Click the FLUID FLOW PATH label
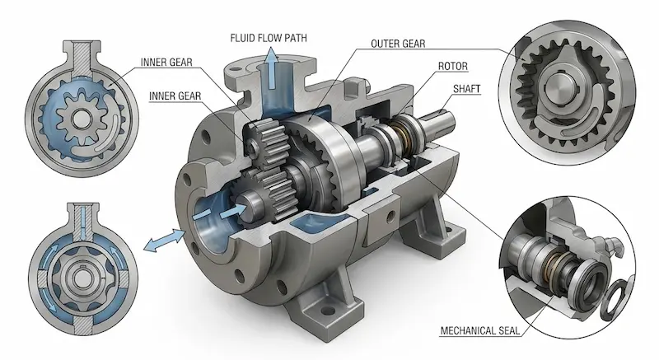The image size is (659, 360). (269, 38)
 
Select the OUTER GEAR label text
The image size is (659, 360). (398, 44)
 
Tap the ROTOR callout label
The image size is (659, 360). (452, 66)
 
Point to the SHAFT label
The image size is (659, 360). (466, 89)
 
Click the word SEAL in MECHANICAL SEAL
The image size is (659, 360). (509, 330)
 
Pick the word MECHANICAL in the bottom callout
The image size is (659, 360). (467, 330)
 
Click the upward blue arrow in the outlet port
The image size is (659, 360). (273, 68)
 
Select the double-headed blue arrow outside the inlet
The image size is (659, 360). (164, 241)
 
